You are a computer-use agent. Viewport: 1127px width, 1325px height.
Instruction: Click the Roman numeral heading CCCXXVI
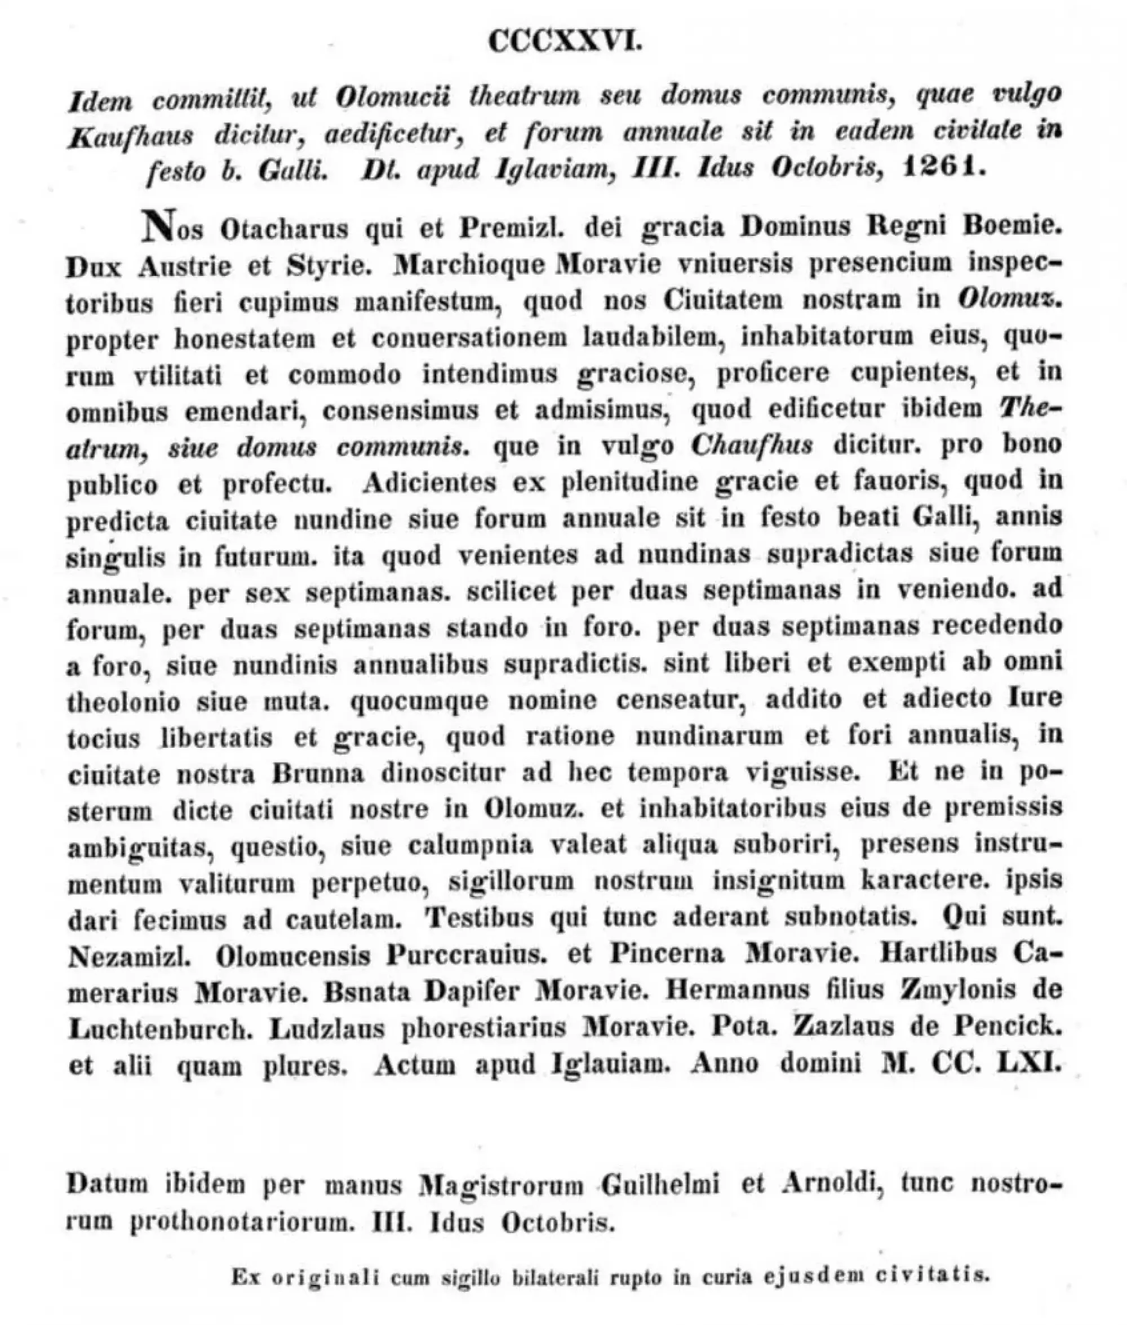coord(565,43)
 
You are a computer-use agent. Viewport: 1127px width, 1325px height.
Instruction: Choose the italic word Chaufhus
coord(752,445)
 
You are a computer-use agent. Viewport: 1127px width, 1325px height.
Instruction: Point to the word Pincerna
coord(667,954)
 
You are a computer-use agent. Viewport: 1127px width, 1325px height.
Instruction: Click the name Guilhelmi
coord(660,1185)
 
